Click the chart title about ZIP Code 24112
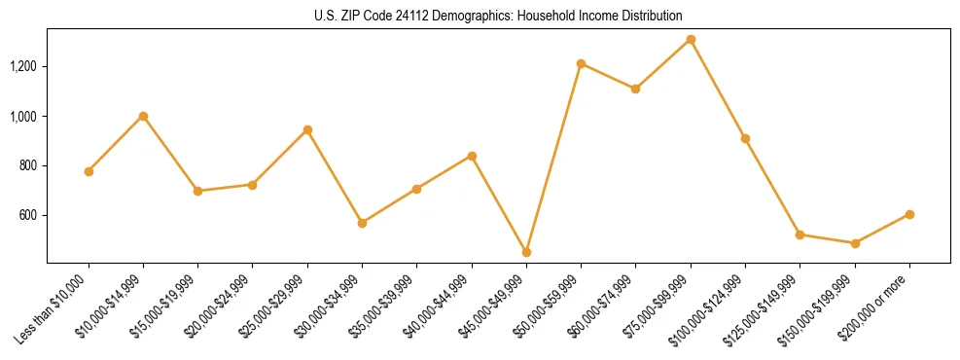[499, 17]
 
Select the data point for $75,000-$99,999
[691, 40]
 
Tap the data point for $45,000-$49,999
[526, 252]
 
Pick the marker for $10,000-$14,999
[143, 116]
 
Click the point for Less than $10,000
[89, 171]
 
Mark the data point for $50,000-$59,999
[581, 64]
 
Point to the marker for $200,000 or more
[909, 214]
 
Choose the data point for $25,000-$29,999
[307, 129]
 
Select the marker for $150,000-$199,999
[855, 243]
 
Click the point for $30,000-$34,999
[362, 223]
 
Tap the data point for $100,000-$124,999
[745, 138]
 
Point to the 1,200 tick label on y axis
[23, 67]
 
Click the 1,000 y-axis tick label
[23, 117]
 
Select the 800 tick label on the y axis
[28, 166]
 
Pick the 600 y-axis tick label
[28, 216]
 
